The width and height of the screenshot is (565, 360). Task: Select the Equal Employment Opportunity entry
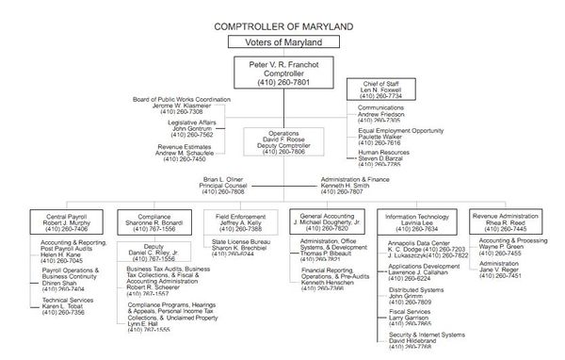pos(399,130)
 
